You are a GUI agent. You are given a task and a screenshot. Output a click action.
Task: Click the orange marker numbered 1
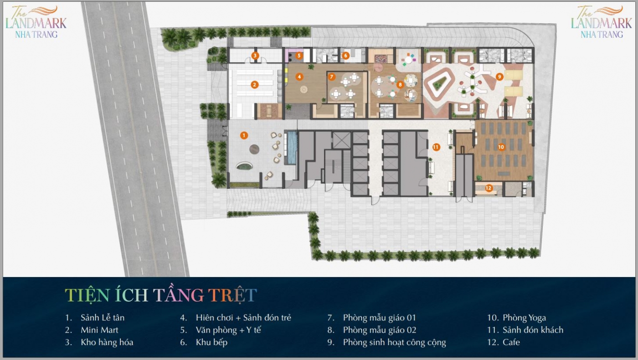(x=244, y=135)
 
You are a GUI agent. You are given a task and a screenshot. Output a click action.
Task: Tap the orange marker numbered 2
(x=254, y=85)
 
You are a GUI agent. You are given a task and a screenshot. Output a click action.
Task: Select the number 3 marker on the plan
(x=255, y=56)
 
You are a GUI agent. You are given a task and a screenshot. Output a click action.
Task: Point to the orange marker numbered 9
(x=499, y=77)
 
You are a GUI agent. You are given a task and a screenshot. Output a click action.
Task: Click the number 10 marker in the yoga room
(x=501, y=147)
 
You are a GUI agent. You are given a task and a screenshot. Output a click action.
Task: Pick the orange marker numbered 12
(x=489, y=188)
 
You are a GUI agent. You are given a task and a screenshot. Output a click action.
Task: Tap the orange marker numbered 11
(x=436, y=147)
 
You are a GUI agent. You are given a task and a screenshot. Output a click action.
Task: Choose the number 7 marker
(x=331, y=77)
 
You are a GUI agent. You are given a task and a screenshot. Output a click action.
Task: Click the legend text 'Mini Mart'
(x=99, y=330)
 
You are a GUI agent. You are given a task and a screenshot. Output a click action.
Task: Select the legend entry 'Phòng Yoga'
(x=524, y=318)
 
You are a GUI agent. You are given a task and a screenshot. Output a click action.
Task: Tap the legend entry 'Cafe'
(x=511, y=342)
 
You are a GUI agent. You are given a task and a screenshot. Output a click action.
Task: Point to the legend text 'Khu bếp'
(x=211, y=342)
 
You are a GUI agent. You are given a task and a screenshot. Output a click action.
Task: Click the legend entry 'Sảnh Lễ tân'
(x=103, y=318)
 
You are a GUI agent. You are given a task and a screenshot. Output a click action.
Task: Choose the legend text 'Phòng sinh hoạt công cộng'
(x=394, y=343)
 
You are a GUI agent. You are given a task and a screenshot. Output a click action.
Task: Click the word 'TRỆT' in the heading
(x=232, y=295)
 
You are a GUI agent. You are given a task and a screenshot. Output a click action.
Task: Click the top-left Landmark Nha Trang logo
(x=36, y=22)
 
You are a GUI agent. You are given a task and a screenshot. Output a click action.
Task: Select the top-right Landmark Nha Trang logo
(x=602, y=22)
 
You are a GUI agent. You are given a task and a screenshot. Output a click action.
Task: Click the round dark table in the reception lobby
(x=254, y=149)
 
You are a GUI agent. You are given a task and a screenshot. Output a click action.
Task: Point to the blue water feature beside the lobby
(x=291, y=148)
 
